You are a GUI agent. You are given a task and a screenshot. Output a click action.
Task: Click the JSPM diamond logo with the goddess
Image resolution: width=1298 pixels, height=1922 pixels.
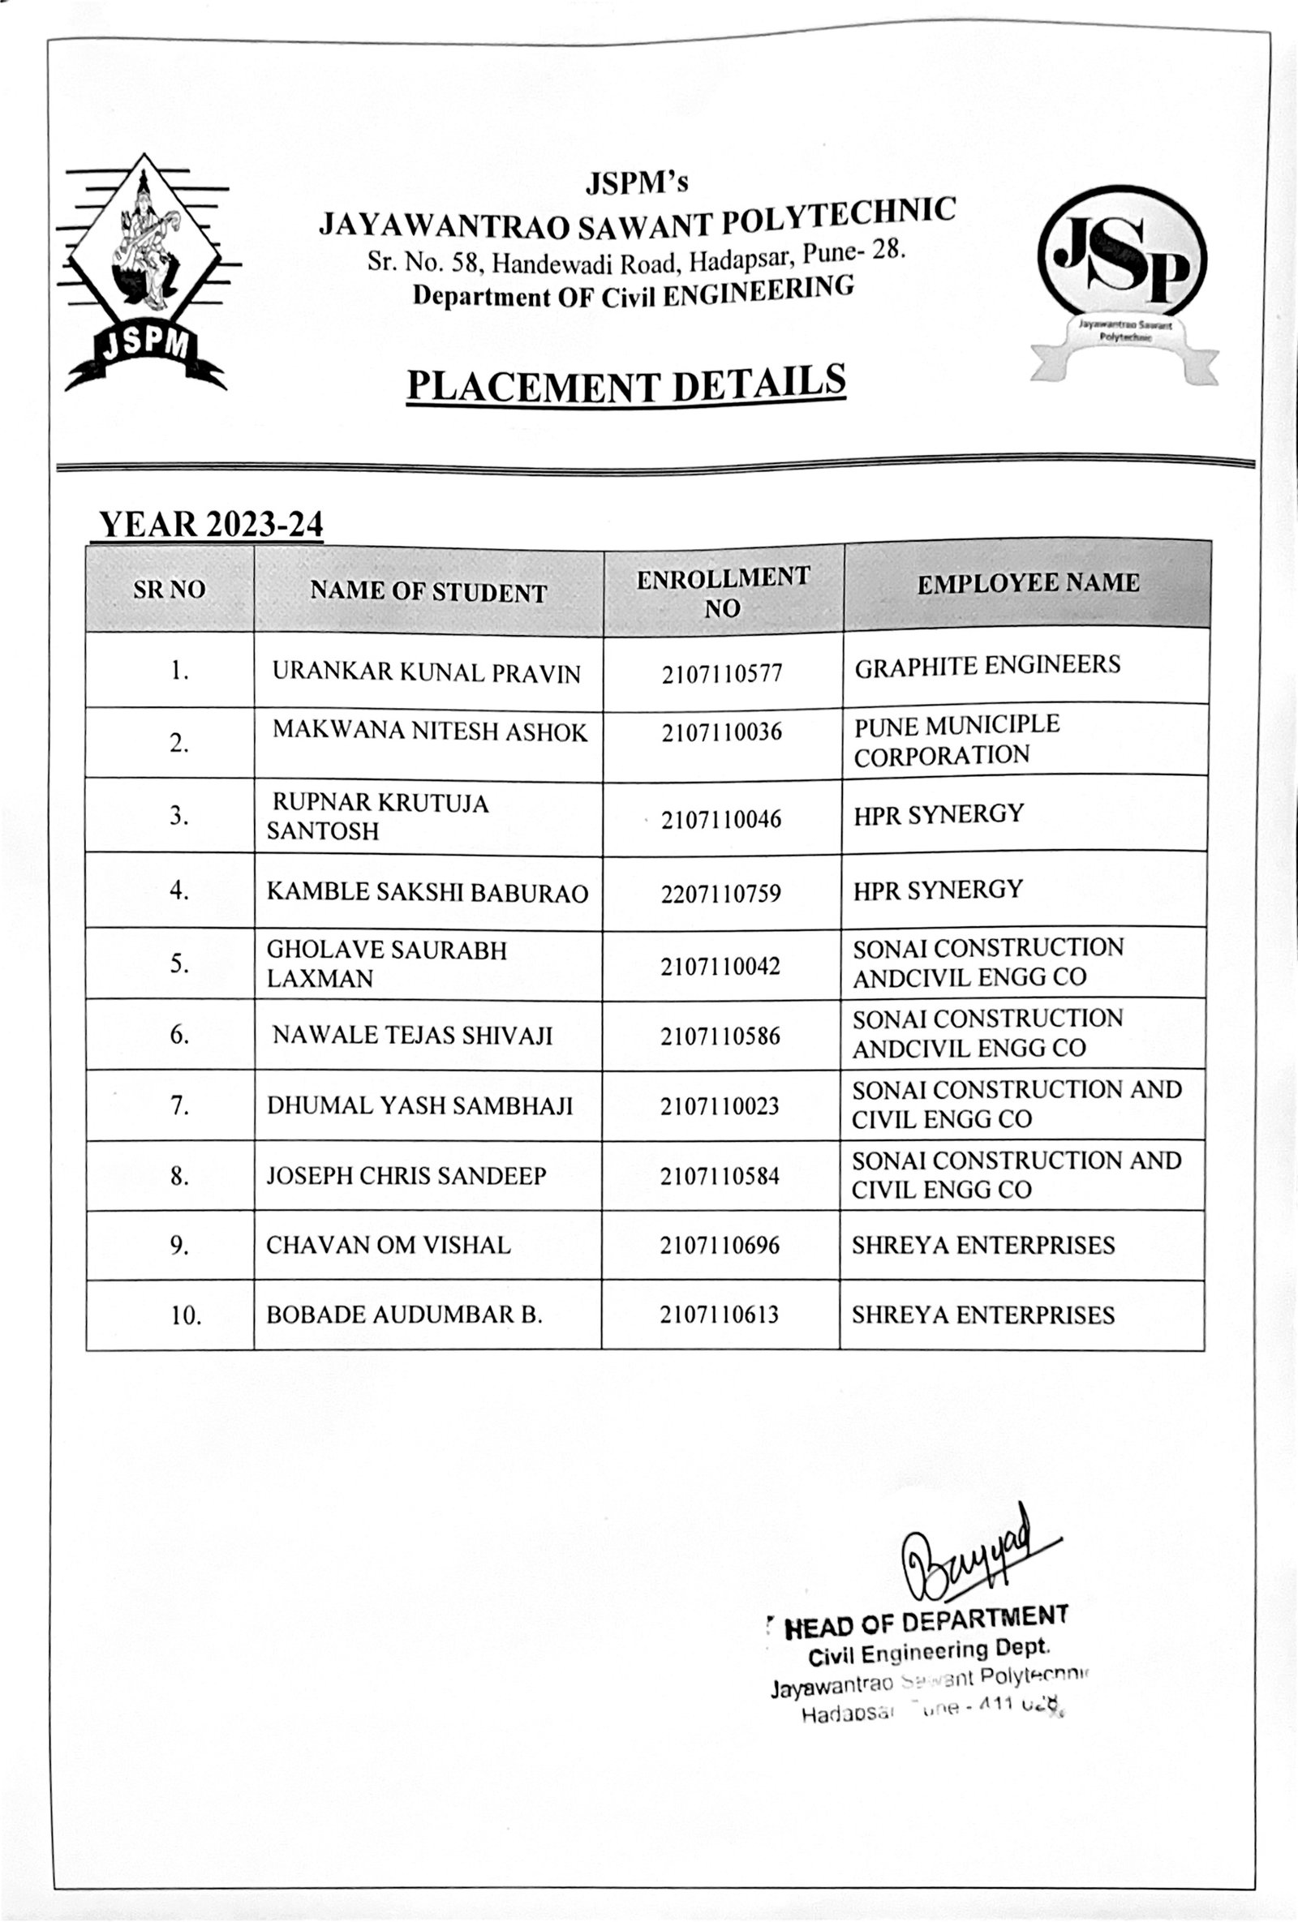(x=146, y=273)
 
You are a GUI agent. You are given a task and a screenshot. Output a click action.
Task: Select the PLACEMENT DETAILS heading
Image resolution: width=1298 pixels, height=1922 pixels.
(x=626, y=384)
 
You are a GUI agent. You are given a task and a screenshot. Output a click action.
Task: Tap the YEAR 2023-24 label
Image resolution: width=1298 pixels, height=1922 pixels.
(x=210, y=525)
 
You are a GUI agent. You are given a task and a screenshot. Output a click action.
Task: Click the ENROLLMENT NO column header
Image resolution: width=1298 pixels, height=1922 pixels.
(x=722, y=591)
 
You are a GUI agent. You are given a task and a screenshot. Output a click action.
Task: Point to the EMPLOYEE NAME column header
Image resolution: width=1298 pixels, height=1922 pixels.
(x=1028, y=583)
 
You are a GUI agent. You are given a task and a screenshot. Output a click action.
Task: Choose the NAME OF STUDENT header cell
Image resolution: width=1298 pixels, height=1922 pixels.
(x=428, y=591)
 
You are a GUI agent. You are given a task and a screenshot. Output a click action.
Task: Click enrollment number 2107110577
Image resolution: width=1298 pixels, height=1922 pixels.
(x=721, y=675)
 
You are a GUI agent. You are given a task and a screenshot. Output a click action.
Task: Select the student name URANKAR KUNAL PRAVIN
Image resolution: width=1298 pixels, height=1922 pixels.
(x=426, y=673)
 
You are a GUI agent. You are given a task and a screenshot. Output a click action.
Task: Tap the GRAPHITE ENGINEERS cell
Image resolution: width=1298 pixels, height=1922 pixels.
(x=987, y=666)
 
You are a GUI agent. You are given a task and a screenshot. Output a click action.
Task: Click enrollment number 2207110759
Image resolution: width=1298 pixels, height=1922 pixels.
(x=720, y=893)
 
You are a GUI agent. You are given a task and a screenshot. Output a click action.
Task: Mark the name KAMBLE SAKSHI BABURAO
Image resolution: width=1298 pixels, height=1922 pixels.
(x=427, y=892)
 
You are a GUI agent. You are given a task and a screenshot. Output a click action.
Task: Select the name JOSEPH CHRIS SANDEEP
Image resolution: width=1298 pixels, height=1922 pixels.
(x=406, y=1176)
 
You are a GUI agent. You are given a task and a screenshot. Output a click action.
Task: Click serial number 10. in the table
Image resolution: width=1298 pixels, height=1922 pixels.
(x=186, y=1315)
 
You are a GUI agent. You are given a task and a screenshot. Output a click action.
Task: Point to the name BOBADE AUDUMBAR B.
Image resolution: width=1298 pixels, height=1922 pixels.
(x=404, y=1315)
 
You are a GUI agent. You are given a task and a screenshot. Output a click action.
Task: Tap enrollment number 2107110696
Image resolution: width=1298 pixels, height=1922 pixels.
(x=720, y=1246)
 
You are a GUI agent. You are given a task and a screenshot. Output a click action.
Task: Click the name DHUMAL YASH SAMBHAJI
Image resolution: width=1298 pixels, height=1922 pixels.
(x=419, y=1105)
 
